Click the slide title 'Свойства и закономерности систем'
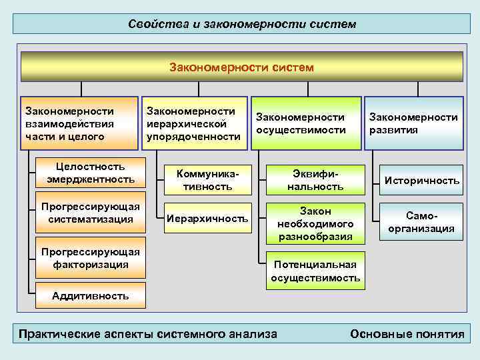point(243,24)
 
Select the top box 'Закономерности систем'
point(241,67)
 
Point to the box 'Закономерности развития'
point(414,123)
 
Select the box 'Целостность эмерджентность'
point(91,173)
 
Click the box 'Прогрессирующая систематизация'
point(91,213)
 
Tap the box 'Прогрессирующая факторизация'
point(91,258)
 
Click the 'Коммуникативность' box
point(207,180)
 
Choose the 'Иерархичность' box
point(207,218)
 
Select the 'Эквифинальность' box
point(315,180)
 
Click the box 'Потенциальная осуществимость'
point(315,271)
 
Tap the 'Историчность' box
point(422,180)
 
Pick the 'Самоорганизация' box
point(422,222)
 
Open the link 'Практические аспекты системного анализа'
point(147,334)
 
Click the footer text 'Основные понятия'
point(407,334)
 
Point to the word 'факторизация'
point(91,265)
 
